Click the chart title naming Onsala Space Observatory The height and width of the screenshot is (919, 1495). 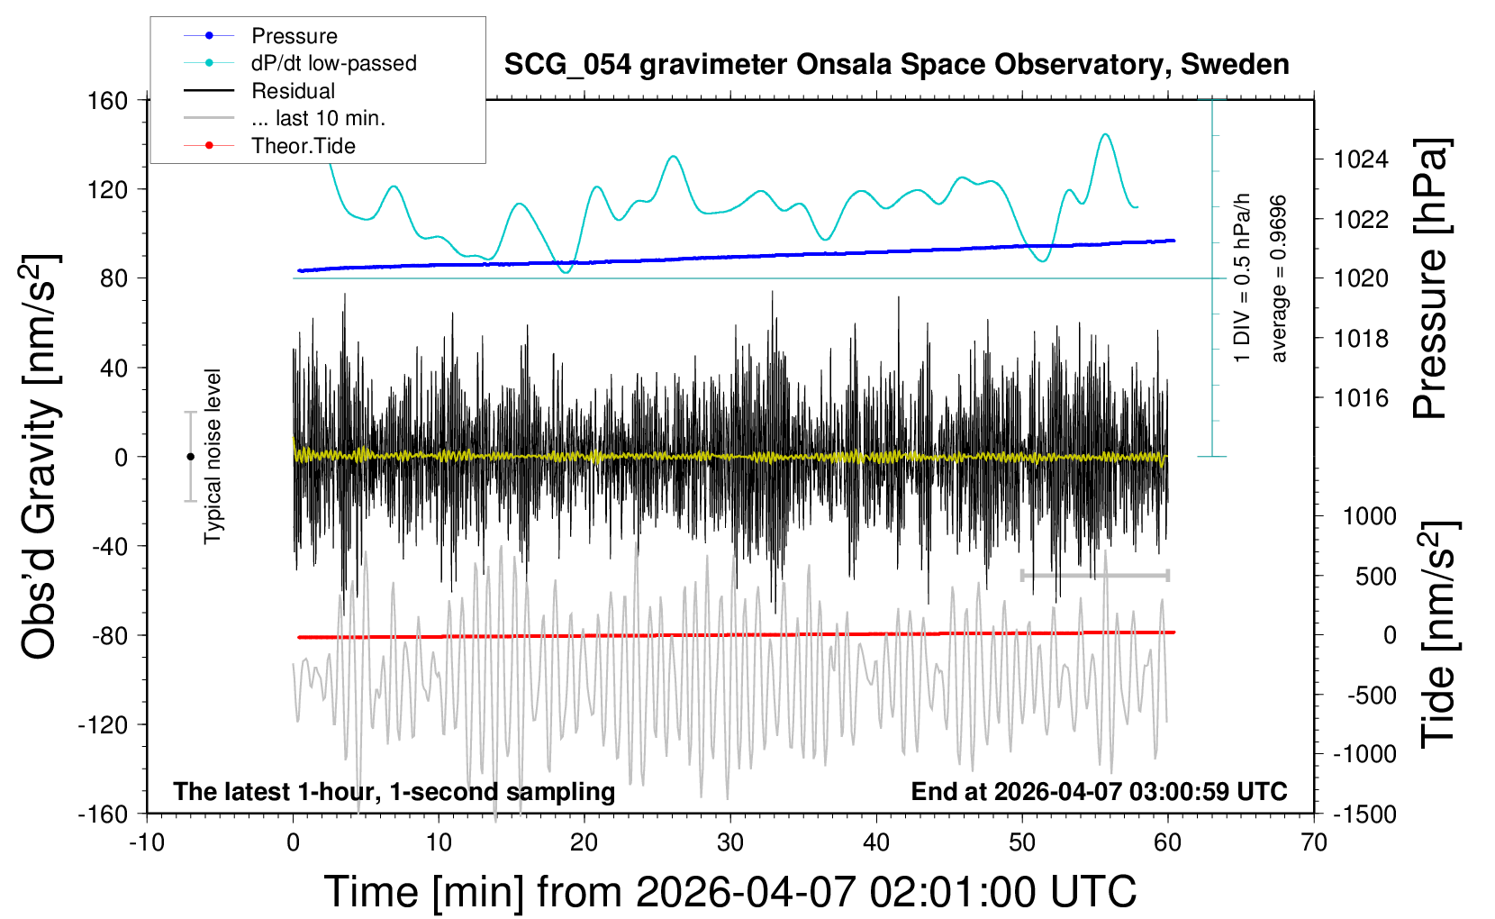(x=896, y=65)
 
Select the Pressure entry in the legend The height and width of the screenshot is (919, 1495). (x=294, y=36)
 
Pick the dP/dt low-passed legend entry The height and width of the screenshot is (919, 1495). (x=333, y=63)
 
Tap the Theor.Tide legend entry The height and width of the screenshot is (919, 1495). (x=303, y=146)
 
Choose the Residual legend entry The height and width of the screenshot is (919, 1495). (x=293, y=91)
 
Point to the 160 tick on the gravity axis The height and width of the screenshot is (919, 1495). (x=108, y=100)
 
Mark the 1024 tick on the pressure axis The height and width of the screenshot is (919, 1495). (x=1361, y=159)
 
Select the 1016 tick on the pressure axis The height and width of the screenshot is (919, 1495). (x=1361, y=397)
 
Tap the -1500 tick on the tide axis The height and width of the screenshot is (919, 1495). (x=1364, y=814)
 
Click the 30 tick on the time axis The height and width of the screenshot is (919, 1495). (x=730, y=842)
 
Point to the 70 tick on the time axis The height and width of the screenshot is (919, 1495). (x=1314, y=842)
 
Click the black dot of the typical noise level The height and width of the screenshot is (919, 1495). (x=190, y=457)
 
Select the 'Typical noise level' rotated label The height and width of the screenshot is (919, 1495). (x=213, y=457)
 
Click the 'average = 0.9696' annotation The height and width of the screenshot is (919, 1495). (x=1279, y=279)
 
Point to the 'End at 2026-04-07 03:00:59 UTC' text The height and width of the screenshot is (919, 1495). (x=1099, y=791)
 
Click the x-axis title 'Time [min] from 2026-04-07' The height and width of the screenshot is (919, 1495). (x=729, y=892)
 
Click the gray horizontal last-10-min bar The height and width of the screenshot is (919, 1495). (x=1094, y=575)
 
